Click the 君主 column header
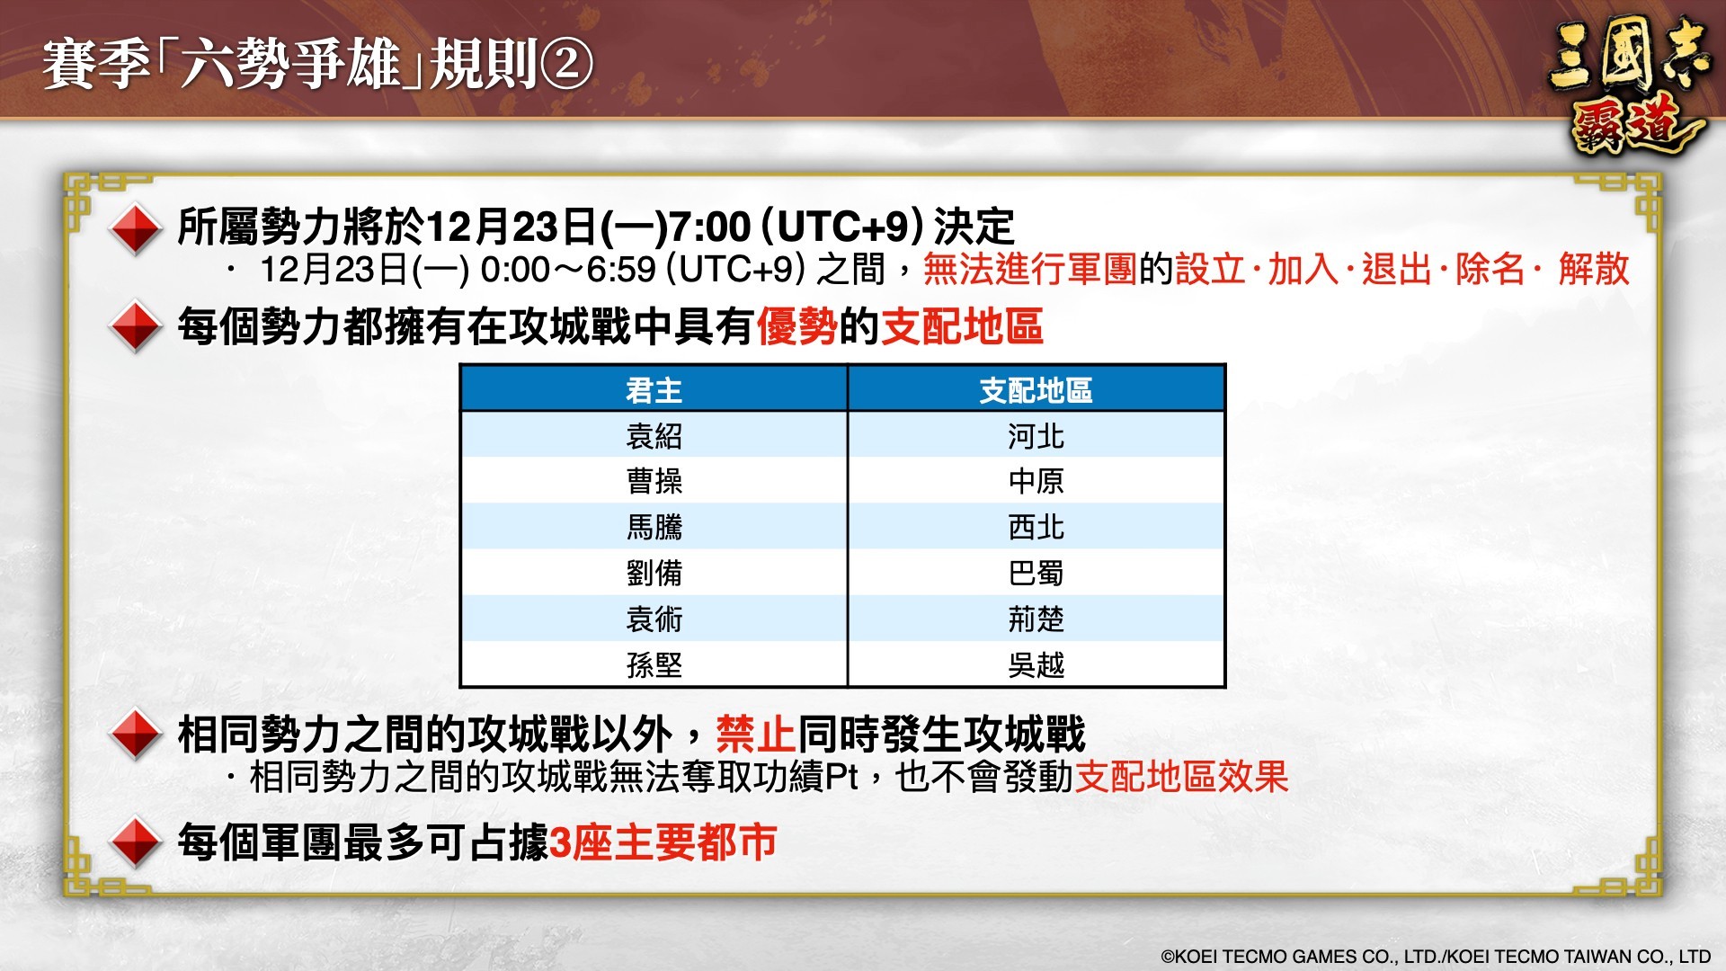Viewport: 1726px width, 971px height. tap(654, 390)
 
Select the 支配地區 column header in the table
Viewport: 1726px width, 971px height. tap(1036, 390)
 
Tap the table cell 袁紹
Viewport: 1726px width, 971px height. tap(654, 436)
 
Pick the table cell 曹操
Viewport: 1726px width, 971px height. tap(654, 481)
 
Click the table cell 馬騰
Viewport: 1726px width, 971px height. tap(654, 527)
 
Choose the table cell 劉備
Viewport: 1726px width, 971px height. tap(654, 573)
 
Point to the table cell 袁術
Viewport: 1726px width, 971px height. tap(654, 619)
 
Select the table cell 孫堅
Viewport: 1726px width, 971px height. tap(654, 664)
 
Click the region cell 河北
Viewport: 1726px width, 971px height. tap(1036, 436)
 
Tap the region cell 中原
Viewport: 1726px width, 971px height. tap(1036, 481)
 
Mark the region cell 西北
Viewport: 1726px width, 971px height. tap(1036, 527)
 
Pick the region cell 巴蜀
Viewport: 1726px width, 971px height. tap(1036, 573)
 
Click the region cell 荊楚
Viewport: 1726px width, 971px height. tap(1036, 619)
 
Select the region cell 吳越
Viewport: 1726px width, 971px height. tap(1036, 664)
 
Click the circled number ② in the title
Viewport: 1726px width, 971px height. tap(565, 66)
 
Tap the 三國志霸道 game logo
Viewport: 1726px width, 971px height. tap(1628, 86)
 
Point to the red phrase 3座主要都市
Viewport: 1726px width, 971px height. tap(663, 842)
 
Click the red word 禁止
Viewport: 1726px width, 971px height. tap(756, 734)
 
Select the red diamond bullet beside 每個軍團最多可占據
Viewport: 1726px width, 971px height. tap(135, 842)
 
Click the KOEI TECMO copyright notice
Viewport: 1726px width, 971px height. tap(1436, 957)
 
